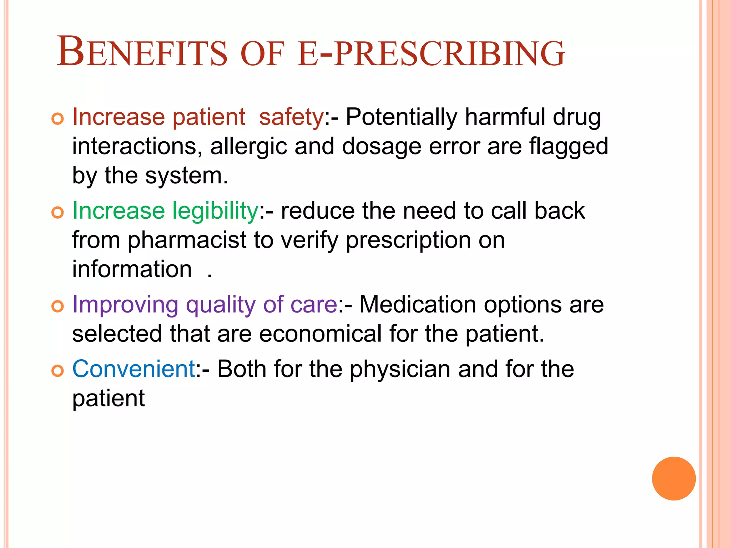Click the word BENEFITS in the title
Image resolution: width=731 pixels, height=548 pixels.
click(x=142, y=52)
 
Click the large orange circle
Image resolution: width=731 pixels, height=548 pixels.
click(x=674, y=478)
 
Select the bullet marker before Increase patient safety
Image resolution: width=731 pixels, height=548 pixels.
click(x=57, y=119)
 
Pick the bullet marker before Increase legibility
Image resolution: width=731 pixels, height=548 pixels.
click(x=57, y=213)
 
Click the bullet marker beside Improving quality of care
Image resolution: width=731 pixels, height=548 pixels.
click(x=57, y=306)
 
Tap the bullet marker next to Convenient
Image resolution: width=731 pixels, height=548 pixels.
click(x=57, y=371)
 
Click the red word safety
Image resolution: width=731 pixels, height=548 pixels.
click(x=291, y=117)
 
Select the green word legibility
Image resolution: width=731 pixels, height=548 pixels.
click(x=215, y=211)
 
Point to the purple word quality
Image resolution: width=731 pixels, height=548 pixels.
click(x=221, y=305)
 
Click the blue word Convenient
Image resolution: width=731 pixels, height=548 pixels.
click(x=133, y=369)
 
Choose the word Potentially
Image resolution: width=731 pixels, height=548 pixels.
click(x=401, y=117)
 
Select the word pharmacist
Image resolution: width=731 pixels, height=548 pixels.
click(x=187, y=240)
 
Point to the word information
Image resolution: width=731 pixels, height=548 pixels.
click(x=132, y=269)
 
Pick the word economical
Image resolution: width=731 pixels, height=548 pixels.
click(x=321, y=334)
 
